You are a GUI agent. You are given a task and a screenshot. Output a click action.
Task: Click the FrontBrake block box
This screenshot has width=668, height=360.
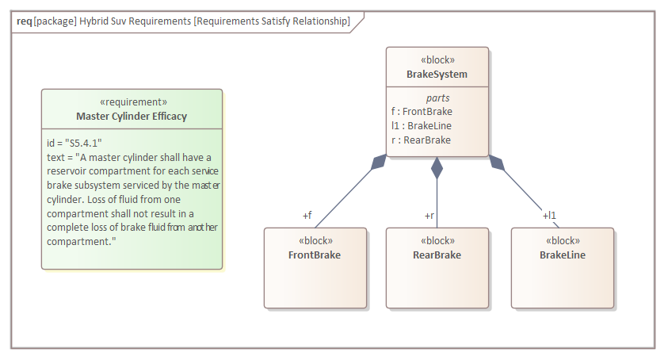click(x=315, y=267)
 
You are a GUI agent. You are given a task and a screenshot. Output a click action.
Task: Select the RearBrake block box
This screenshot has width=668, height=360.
click(x=437, y=267)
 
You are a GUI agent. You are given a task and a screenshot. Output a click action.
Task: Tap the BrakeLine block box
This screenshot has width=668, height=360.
click(x=562, y=267)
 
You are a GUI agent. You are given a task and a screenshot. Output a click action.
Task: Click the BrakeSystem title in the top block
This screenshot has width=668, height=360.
click(x=437, y=75)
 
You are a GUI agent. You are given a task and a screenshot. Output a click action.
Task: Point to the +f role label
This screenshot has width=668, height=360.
click(x=307, y=216)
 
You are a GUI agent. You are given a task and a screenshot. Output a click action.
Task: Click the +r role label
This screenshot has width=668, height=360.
click(x=429, y=216)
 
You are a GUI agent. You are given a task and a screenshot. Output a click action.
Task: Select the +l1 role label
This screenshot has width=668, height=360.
click(x=549, y=216)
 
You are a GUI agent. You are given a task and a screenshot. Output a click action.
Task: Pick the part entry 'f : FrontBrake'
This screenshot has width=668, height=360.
click(x=422, y=112)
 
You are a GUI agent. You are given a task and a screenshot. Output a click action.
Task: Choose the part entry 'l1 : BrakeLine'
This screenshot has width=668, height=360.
click(x=422, y=126)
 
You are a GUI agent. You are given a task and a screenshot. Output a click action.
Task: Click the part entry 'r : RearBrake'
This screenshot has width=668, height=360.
click(x=421, y=140)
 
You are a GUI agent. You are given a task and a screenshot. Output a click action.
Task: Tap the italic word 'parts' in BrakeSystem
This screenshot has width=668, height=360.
click(x=437, y=98)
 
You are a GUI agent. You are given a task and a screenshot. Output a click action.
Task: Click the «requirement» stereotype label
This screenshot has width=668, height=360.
click(x=132, y=102)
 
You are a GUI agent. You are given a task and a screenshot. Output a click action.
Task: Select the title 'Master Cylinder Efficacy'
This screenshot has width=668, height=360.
click(x=132, y=117)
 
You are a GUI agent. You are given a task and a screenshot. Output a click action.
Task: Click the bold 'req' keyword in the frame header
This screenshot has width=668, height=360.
click(x=25, y=21)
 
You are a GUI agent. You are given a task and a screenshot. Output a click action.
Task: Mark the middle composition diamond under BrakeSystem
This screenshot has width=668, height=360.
click(x=437, y=167)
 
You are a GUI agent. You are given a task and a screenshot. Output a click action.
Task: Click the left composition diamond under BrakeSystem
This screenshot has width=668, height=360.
click(x=380, y=162)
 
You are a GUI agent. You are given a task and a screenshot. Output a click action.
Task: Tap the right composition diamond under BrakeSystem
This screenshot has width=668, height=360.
click(x=496, y=162)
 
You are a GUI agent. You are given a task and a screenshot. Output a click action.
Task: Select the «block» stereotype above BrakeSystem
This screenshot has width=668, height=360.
click(x=437, y=60)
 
